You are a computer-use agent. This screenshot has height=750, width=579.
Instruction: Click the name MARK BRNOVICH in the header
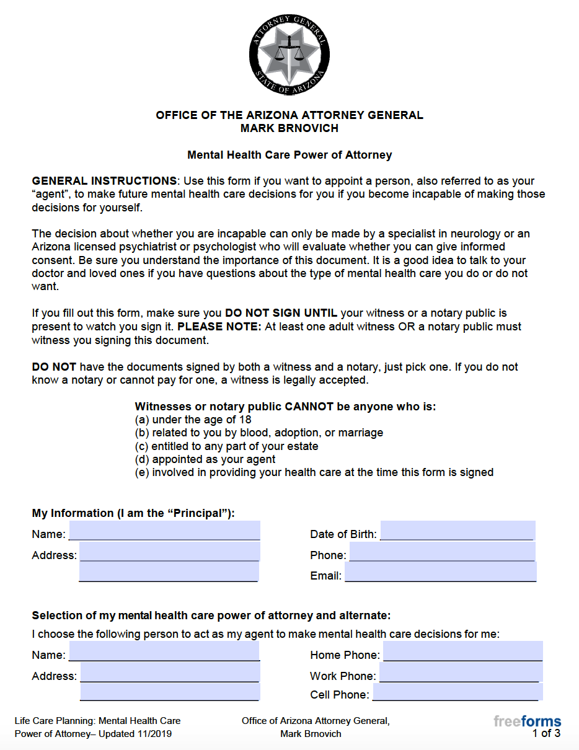pyautogui.click(x=289, y=128)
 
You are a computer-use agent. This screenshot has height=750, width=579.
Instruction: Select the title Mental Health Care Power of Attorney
pyautogui.click(x=289, y=155)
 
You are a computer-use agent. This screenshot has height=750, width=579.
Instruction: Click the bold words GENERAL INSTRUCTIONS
pyautogui.click(x=104, y=181)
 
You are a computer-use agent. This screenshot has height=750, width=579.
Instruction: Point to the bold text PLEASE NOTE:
pyautogui.click(x=219, y=327)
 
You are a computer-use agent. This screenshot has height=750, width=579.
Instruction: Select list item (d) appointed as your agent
pyautogui.click(x=205, y=459)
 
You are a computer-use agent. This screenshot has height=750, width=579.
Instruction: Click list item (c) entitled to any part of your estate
pyautogui.click(x=226, y=446)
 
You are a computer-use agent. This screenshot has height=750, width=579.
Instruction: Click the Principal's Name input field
pyautogui.click(x=164, y=531)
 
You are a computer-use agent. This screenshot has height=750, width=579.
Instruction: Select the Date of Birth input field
pyautogui.click(x=457, y=531)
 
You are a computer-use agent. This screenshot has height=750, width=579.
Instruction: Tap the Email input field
pyautogui.click(x=440, y=573)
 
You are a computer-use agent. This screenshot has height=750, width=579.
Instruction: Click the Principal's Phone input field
pyautogui.click(x=441, y=552)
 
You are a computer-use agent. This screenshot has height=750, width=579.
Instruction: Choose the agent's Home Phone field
pyautogui.click(x=462, y=652)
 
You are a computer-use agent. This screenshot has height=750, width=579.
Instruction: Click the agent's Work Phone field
pyautogui.click(x=461, y=673)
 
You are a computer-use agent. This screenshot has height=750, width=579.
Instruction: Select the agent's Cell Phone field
pyautogui.click(x=457, y=692)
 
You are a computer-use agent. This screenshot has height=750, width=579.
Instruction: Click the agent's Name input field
pyautogui.click(x=164, y=652)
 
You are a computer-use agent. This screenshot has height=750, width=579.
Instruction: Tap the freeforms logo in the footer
pyautogui.click(x=527, y=721)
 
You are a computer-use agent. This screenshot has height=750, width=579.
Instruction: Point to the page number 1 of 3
pyautogui.click(x=546, y=734)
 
